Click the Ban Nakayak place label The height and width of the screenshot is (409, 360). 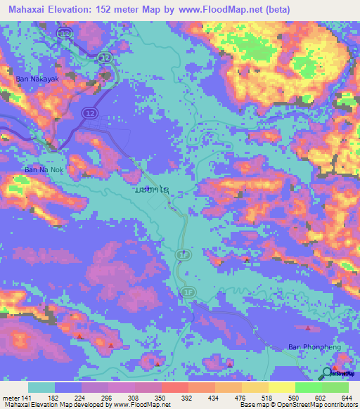click(37, 79)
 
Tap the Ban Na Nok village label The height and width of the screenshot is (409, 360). click(44, 169)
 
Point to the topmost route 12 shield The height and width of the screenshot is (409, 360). click(65, 33)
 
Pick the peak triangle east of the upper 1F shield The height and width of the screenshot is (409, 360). click(247, 259)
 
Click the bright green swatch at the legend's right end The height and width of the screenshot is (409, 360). click(335, 388)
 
